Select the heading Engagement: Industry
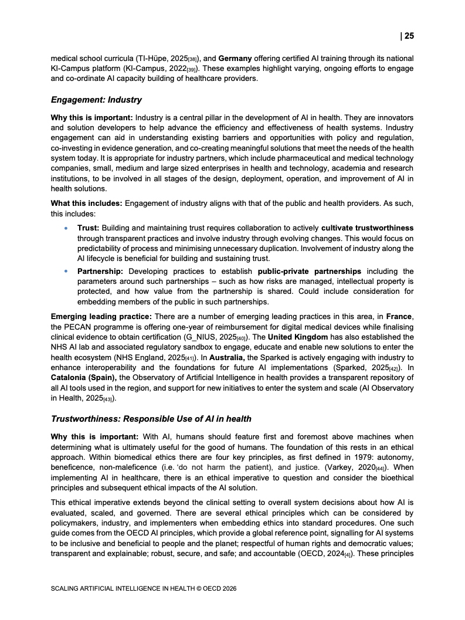(x=96, y=100)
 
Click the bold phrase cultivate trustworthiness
(x=368, y=228)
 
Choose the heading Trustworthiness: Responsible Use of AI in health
(x=151, y=419)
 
